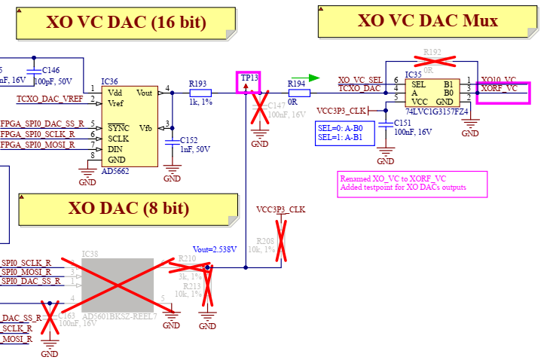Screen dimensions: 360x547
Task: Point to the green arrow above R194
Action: (313, 77)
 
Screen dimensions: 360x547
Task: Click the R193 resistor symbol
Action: (200, 93)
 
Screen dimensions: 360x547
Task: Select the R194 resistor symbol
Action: (297, 93)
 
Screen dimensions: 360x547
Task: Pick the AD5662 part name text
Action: (115, 170)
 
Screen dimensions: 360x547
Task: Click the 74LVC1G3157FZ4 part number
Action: (436, 111)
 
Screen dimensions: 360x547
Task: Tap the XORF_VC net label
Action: (500, 88)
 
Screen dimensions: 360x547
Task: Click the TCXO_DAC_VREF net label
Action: (50, 99)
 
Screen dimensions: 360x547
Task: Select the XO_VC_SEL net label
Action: (360, 80)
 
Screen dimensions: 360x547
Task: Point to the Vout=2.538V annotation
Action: (214, 249)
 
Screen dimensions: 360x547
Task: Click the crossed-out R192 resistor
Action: (432, 59)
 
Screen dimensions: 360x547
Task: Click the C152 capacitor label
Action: (188, 140)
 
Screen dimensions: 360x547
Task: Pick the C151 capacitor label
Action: (403, 123)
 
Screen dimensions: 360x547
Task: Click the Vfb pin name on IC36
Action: (145, 128)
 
